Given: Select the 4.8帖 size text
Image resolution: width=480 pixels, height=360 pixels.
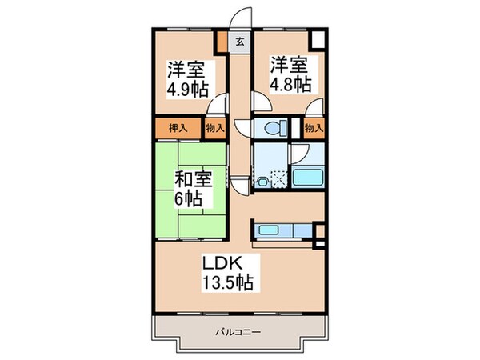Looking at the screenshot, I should (289, 83).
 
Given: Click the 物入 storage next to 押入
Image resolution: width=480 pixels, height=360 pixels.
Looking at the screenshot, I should (215, 127).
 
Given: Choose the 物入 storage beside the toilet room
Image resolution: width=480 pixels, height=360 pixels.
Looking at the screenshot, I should (314, 127).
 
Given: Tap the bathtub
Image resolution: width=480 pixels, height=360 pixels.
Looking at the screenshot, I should (307, 178).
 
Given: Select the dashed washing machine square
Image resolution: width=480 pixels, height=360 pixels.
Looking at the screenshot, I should (277, 179).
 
